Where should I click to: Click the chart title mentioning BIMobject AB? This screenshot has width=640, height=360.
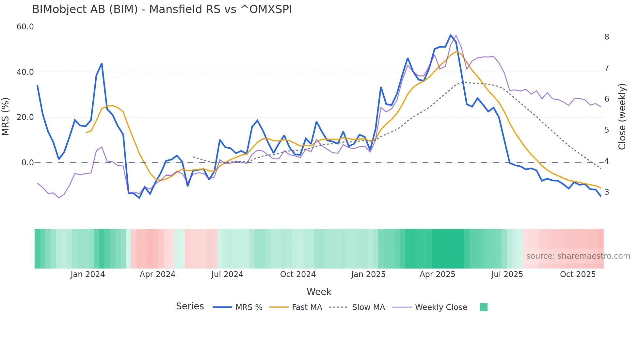[162, 9]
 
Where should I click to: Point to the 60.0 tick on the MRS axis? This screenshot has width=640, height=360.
[25, 27]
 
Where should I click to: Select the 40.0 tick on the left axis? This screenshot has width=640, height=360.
[25, 72]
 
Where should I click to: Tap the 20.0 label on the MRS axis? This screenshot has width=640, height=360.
[25, 117]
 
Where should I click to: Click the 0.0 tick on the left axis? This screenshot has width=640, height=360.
[27, 162]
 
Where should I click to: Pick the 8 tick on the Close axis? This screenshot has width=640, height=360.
[606, 37]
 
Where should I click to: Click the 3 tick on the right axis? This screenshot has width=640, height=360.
[606, 192]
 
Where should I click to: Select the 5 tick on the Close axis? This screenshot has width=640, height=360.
[606, 130]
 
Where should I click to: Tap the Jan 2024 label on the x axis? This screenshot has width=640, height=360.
[88, 274]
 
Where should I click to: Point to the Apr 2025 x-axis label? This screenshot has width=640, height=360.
[437, 274]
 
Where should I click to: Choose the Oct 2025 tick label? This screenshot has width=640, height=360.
[578, 274]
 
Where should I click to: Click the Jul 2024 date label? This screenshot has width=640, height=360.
[227, 274]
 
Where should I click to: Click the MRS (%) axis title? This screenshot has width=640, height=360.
[6, 117]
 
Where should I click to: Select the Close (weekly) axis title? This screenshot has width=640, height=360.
[622, 117]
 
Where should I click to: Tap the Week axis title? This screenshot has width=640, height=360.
[319, 292]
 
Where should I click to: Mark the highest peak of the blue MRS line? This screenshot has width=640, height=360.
[451, 35]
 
